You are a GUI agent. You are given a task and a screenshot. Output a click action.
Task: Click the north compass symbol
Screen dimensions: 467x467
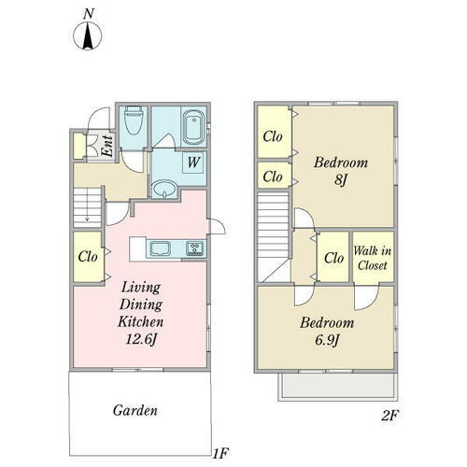(x=88, y=35)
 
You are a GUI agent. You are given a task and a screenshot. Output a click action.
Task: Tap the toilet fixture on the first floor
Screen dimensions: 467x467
(x=134, y=120)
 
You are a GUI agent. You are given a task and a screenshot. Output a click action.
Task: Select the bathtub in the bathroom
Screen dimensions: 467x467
(x=193, y=127)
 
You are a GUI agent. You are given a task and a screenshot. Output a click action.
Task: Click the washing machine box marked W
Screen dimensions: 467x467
(x=193, y=163)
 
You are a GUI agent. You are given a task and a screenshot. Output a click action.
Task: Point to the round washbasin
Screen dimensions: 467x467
(x=164, y=189)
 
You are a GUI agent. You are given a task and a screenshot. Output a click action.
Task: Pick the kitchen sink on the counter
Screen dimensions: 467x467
(x=160, y=248)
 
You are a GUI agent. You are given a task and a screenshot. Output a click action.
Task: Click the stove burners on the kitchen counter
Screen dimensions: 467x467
(x=195, y=248)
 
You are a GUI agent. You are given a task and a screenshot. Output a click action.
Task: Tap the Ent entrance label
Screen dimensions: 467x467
(x=106, y=146)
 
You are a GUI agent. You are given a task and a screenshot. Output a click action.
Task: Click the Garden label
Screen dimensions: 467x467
(x=135, y=410)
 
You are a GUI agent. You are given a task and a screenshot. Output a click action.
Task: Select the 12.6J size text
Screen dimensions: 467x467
(x=141, y=339)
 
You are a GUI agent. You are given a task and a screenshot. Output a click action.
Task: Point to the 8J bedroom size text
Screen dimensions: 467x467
(x=341, y=179)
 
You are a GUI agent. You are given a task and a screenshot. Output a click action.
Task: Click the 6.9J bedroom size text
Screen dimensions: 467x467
(x=327, y=340)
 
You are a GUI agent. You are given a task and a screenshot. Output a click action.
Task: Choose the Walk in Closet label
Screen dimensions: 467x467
(x=373, y=258)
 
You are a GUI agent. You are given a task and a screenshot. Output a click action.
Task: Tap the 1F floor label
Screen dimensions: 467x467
(x=220, y=453)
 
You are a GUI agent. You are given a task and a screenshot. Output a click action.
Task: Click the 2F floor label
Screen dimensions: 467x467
(x=389, y=416)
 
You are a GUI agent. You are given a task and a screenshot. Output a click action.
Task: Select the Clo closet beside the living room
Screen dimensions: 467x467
(x=88, y=257)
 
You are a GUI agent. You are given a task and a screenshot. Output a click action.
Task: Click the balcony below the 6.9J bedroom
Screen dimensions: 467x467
(x=338, y=386)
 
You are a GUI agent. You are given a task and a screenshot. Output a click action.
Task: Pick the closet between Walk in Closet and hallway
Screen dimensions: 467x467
(x=333, y=257)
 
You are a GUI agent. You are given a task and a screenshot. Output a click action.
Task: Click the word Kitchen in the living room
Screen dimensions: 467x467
(x=141, y=321)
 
